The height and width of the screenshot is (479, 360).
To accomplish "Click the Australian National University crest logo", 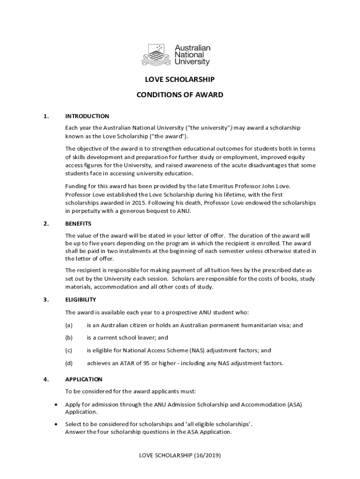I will pos(157,55).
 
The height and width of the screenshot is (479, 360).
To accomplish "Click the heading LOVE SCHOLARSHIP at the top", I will pos(180,80).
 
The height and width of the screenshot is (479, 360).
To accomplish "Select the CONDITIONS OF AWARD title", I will pos(180,95).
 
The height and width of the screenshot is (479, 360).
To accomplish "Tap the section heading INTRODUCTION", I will pos(87,116).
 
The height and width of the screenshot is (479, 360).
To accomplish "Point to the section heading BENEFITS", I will pos(78,224).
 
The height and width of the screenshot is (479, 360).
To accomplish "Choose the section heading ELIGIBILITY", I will pos(80,299).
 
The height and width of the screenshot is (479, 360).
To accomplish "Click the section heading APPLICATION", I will pos(83,379).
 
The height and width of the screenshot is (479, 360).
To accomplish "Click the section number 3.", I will pos(46,299).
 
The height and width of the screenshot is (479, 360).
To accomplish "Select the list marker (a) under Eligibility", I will pos(69,325).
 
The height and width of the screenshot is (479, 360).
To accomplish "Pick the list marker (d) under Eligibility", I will pos(69,363).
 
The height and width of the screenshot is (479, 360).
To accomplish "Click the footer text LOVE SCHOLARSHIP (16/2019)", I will pos(180,455).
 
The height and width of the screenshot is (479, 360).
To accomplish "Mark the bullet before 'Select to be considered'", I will pos(57,424).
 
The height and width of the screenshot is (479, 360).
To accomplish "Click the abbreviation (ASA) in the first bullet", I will pos(295,404).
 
